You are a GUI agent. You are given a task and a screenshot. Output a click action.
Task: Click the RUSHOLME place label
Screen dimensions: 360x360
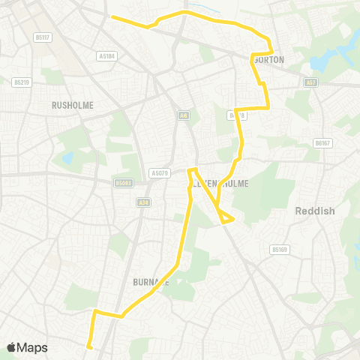tap(73, 106)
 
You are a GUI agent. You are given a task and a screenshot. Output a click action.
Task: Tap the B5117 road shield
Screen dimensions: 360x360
tap(42, 37)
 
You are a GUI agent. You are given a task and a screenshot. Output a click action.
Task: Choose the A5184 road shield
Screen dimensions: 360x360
tap(107, 55)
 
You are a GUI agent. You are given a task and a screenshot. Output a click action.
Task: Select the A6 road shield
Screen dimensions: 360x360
tap(183, 115)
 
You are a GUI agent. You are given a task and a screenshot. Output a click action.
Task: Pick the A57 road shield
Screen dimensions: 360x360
tap(310, 83)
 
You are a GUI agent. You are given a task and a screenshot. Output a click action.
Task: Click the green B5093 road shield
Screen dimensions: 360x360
tap(124, 182)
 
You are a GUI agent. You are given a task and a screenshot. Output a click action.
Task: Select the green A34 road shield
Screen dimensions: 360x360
tap(143, 202)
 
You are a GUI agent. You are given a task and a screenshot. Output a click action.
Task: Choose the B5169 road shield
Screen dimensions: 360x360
tap(280, 249)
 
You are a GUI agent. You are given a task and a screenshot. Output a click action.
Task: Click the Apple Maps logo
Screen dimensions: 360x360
tap(27, 347)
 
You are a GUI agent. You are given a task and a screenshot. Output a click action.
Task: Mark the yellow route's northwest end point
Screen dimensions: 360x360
tap(112, 16)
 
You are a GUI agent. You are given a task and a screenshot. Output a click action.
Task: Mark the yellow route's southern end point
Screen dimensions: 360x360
tap(88, 346)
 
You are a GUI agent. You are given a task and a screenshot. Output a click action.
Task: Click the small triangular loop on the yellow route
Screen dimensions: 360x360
tap(225, 217)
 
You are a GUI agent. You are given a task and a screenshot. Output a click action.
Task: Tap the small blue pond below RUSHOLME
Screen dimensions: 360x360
tap(68, 158)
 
